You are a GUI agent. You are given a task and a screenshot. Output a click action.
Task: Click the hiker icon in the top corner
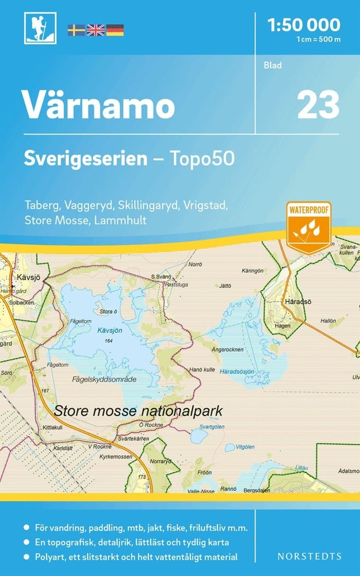[x=40, y=28]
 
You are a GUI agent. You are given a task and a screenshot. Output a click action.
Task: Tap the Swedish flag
[x=76, y=30]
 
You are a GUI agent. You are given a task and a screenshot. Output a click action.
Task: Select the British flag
[x=95, y=30]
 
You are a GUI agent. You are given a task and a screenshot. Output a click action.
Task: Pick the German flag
[x=115, y=30]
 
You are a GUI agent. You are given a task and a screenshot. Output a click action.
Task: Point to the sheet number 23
[x=318, y=105]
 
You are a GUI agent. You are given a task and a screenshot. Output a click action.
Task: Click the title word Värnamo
[x=99, y=105]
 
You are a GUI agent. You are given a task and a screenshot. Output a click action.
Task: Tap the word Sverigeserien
[x=86, y=159]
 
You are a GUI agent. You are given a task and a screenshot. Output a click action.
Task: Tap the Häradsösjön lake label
[x=237, y=371]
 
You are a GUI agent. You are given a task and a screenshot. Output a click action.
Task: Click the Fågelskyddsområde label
[x=104, y=379]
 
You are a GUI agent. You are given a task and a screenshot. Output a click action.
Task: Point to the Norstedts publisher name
[x=309, y=556]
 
